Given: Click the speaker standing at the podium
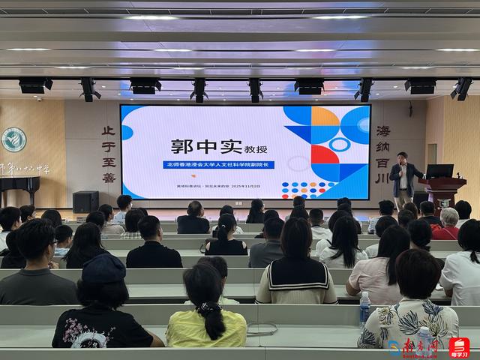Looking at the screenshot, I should tap(403, 181).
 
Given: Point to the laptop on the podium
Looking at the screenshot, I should tap(439, 171).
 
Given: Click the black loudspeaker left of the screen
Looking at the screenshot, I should tap(85, 201).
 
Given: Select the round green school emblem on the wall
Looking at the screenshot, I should tap(13, 140).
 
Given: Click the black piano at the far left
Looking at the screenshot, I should tap(19, 190).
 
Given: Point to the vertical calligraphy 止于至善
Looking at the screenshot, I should tap(109, 154).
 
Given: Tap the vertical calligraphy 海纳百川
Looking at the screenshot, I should tap(382, 154).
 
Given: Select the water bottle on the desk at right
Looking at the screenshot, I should tap(364, 307).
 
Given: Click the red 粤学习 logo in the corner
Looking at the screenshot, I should tap(459, 348).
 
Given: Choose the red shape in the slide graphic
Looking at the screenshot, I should tap(324, 155).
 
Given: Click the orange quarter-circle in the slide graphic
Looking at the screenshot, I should tap(325, 115).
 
